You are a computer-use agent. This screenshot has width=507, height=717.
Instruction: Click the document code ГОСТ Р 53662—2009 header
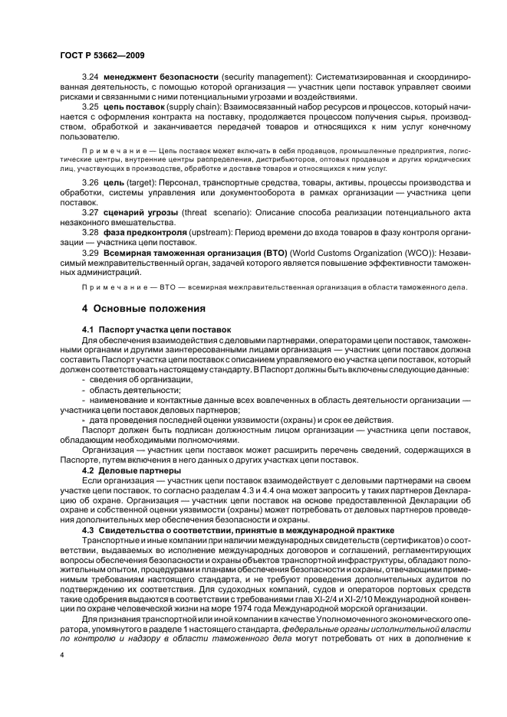pos(101,55)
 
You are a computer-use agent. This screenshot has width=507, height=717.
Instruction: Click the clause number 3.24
pos(91,78)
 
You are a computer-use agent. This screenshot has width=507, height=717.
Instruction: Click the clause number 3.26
pos(91,182)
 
